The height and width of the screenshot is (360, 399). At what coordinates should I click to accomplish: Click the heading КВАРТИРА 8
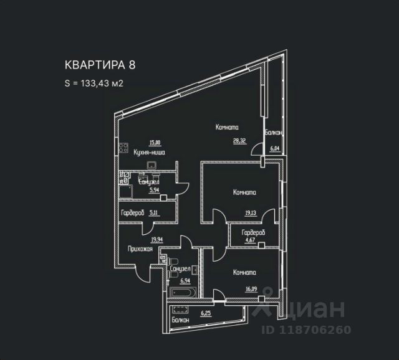coord(100,64)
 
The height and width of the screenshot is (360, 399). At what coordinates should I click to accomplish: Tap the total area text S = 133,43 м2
coord(94,84)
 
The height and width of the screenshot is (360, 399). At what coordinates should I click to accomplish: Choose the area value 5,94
coord(155,191)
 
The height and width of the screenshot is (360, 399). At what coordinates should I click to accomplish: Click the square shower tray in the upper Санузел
coord(125,191)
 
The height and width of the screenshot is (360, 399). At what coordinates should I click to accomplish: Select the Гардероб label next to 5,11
coord(132,213)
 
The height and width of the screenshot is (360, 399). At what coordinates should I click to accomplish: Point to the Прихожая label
coord(140,249)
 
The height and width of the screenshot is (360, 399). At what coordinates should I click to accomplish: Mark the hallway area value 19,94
coord(156,238)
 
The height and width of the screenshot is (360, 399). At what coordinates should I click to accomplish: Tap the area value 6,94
coord(185,280)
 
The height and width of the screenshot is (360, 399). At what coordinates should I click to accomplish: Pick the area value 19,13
coord(251,212)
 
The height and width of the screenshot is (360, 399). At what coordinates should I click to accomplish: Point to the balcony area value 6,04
coord(275,148)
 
